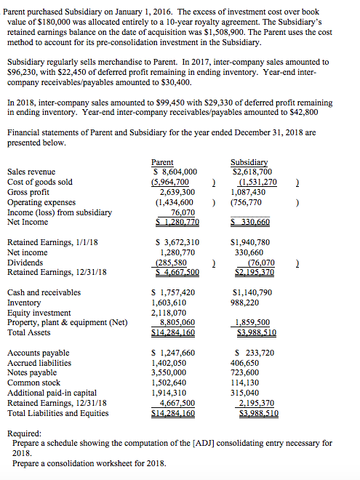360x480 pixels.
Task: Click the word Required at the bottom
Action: [x=28, y=433]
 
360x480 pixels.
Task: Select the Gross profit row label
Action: [x=28, y=191]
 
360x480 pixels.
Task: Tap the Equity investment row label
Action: [x=40, y=313]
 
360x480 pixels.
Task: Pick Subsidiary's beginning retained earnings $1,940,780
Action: [x=249, y=242]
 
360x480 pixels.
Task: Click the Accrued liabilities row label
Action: [x=39, y=362]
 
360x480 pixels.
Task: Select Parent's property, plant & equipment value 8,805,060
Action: [x=175, y=323]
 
